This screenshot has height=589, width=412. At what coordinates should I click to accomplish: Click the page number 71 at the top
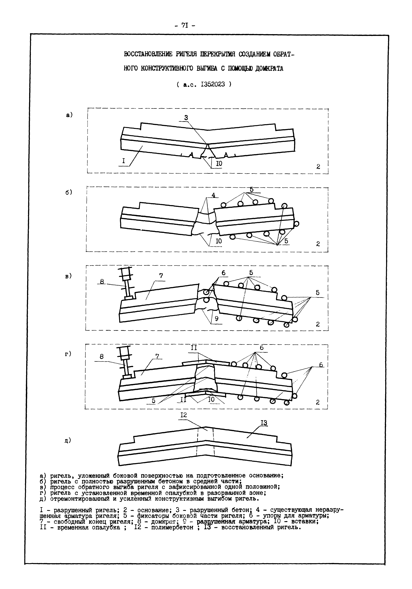click(185, 25)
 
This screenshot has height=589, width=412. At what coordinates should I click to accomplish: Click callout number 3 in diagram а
click(186, 118)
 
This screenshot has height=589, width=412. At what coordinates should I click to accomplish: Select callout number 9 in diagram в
click(217, 319)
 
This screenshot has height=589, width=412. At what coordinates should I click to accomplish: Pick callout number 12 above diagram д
click(184, 415)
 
